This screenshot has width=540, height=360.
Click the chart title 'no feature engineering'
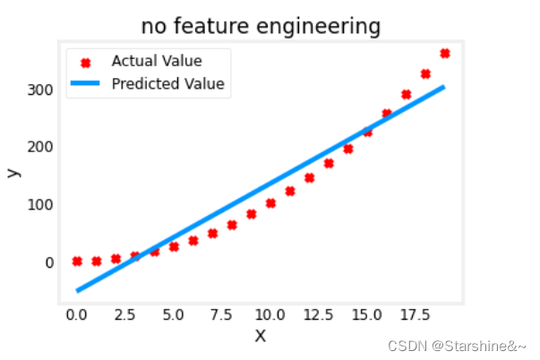(260, 27)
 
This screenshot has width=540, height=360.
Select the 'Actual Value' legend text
(157, 62)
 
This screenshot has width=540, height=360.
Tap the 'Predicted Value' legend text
(167, 85)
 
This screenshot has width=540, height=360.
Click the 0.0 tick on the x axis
(77, 315)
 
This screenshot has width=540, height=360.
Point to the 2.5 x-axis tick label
(125, 315)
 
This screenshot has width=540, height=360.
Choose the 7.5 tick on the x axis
(221, 315)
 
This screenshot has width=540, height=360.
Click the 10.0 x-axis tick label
(270, 315)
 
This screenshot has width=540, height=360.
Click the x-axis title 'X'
(261, 336)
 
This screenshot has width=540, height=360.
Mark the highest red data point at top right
(445, 54)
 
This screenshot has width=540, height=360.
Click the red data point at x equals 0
(77, 261)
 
